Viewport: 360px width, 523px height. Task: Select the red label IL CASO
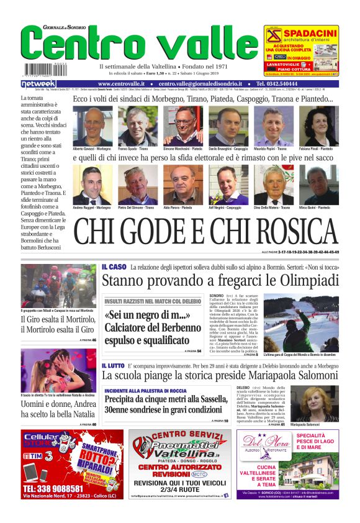click(x=114, y=267)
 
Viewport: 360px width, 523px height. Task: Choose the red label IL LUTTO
click(x=115, y=366)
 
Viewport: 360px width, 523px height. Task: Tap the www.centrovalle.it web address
click(x=121, y=83)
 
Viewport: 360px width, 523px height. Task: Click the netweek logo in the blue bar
click(x=39, y=83)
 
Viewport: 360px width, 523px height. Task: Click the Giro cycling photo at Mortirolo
click(x=58, y=285)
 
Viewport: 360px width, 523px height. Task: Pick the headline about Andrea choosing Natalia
click(x=58, y=409)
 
